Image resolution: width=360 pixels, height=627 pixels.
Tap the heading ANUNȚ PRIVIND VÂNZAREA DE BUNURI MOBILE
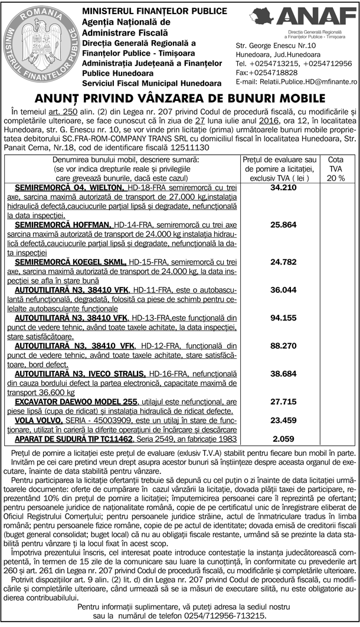click(180, 98)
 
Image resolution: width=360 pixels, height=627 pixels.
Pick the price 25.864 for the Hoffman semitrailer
click(282, 225)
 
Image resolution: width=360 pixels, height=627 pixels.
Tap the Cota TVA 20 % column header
click(336, 168)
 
